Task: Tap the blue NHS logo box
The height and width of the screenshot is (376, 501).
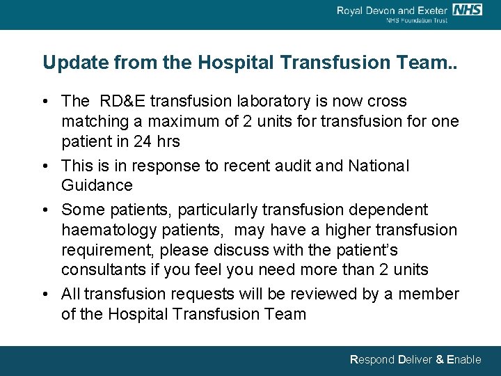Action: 467,10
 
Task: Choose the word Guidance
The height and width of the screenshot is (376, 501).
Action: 97,186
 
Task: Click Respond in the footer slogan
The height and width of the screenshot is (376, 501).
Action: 371,360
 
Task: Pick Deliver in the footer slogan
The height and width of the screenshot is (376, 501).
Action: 415,360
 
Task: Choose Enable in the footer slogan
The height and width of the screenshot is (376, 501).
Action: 464,360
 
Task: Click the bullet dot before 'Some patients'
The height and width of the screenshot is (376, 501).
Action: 46,210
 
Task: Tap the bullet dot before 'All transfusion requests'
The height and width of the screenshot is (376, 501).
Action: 46,295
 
